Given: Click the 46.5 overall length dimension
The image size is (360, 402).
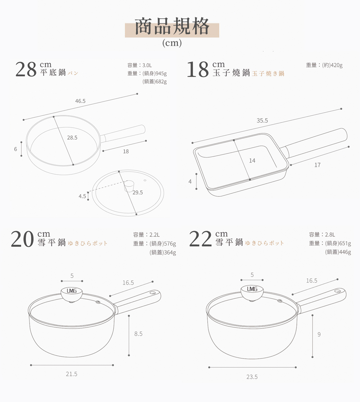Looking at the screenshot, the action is (x=80, y=101).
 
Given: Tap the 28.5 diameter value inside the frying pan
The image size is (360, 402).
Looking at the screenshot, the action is (x=72, y=138).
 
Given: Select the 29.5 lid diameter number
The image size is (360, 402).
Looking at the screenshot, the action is (x=138, y=193).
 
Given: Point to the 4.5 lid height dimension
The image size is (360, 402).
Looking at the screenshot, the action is (x=82, y=196).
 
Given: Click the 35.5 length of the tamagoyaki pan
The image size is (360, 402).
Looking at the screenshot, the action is (x=262, y=121).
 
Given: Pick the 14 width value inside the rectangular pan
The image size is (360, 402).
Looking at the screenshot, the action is (x=252, y=161).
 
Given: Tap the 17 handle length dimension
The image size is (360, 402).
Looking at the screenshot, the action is (x=318, y=165).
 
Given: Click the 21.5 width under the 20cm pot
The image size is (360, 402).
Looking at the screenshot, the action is (x=72, y=374).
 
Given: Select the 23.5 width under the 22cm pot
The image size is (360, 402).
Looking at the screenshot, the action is (x=252, y=377).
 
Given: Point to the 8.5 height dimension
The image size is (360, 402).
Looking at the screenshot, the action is (x=138, y=334).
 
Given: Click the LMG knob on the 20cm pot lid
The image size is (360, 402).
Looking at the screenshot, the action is (x=72, y=294).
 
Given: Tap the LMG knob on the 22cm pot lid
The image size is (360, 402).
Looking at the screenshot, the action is (x=252, y=292).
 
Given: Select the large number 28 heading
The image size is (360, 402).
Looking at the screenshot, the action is (x=26, y=69).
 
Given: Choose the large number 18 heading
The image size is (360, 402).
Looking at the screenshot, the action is (x=198, y=69).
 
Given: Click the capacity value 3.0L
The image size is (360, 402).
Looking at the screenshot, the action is (x=147, y=66).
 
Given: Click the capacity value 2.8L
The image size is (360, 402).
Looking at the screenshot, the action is (x=330, y=235).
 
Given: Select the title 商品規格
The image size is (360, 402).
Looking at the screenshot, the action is (x=172, y=26).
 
